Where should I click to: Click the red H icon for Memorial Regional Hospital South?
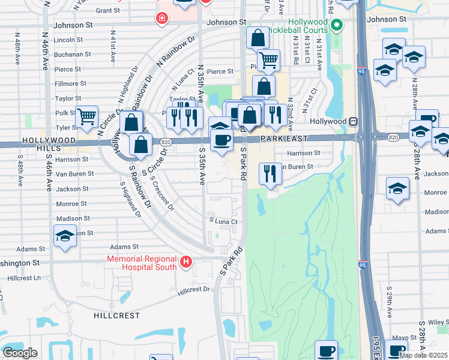point(186,262)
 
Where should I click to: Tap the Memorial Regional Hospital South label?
point(142,263)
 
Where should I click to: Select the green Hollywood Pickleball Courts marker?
point(337,25)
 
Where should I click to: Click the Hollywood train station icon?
point(354,121)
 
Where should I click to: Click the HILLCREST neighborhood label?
point(116,315)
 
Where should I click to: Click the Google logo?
point(20,353)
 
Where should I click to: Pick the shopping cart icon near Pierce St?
point(268,60)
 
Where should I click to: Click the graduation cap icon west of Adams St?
point(65,236)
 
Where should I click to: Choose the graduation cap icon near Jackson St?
point(397,189)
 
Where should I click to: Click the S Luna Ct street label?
point(223,221)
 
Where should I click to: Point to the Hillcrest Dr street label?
point(194,291)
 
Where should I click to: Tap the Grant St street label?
point(108,10)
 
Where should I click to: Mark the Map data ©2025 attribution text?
point(424,355)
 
